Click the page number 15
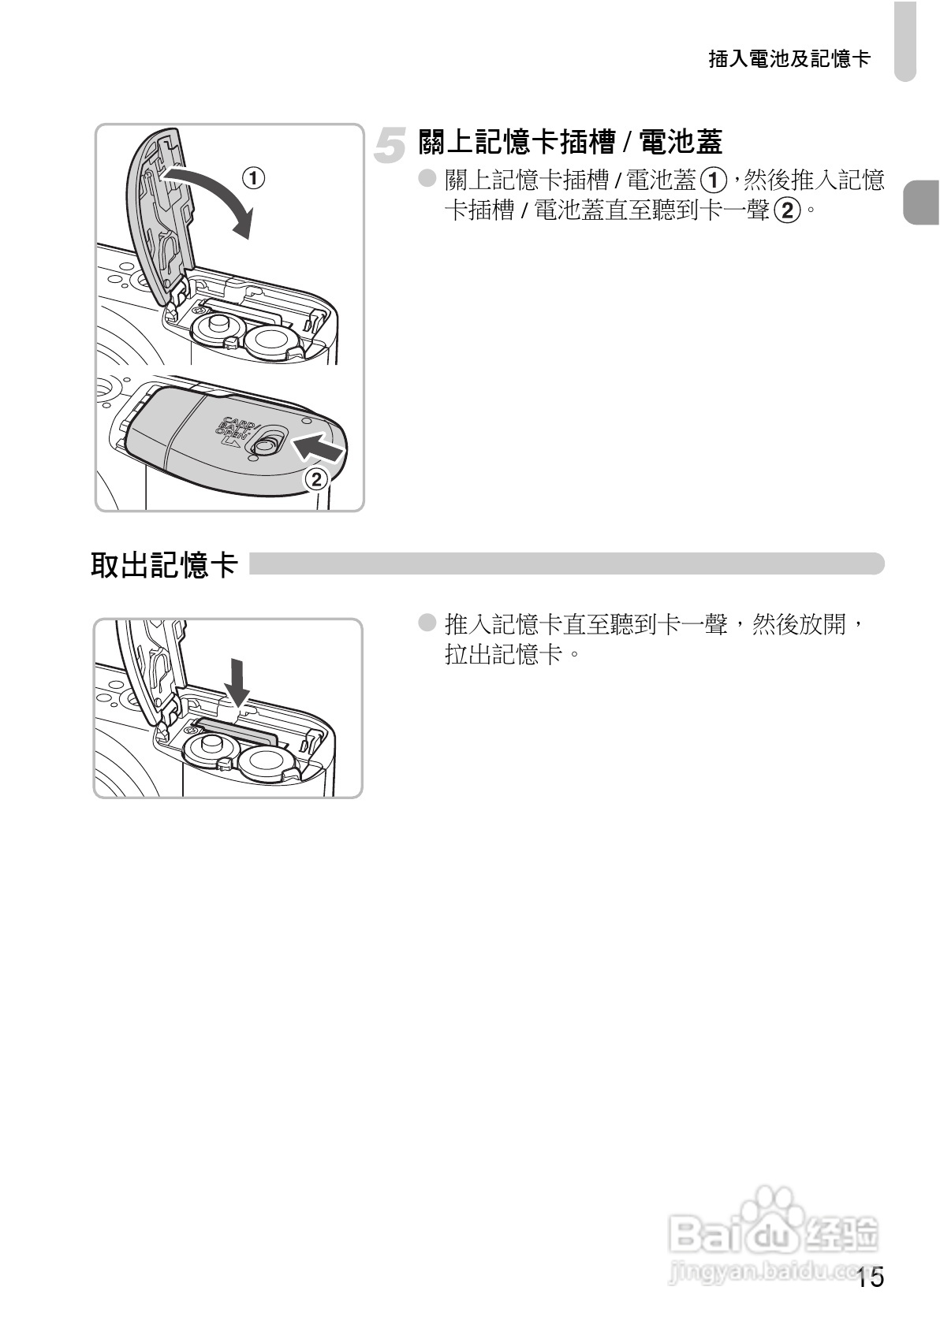coord(871,1278)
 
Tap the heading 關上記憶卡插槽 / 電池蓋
coord(570,143)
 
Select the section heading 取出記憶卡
coord(163,565)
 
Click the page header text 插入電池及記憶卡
coord(789,59)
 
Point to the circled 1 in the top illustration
coord(253,178)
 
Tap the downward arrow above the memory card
coord(237,682)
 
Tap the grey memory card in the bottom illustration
coord(237,731)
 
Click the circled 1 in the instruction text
coord(714,180)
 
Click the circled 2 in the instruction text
coord(787,210)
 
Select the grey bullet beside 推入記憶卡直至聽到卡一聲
coord(427,623)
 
